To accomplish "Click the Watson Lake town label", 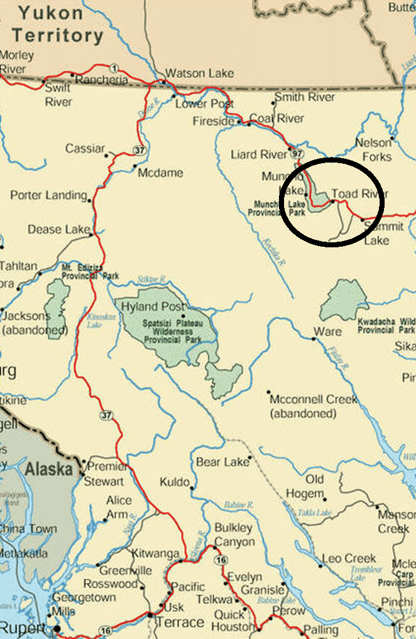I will tap(199, 73).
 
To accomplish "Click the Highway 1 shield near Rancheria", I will tap(114, 68).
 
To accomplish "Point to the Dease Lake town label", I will tap(54, 230).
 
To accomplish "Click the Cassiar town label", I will tap(85, 149).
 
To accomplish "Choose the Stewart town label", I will tap(104, 481).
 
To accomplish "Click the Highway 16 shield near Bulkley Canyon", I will tap(220, 560).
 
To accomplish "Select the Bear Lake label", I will tap(222, 462).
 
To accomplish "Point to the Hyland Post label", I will tap(149, 307).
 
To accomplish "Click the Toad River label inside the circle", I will tap(359, 193).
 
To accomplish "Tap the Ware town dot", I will tap(314, 338).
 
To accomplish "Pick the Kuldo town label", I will tap(175, 482).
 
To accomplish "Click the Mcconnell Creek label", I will tap(313, 399).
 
